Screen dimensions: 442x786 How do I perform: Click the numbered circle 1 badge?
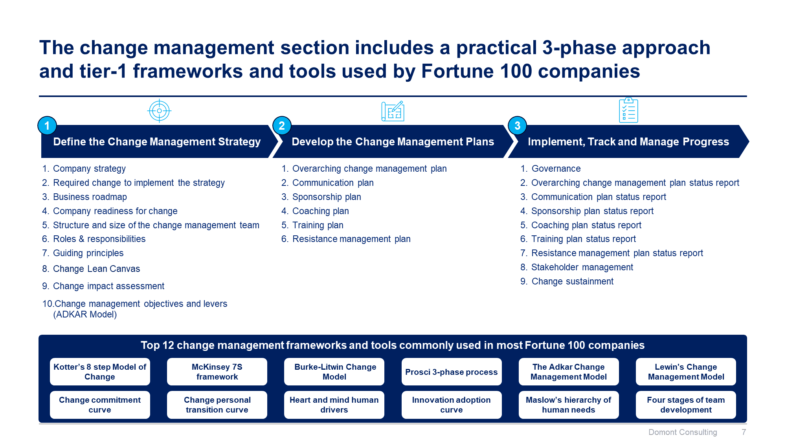pyautogui.click(x=47, y=126)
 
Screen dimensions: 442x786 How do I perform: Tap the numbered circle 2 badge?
pyautogui.click(x=282, y=126)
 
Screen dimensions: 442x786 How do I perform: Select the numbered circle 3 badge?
pyautogui.click(x=517, y=126)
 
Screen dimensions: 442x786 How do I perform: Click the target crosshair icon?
pyautogui.click(x=159, y=111)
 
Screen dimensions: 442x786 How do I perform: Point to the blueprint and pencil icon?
pyautogui.click(x=393, y=111)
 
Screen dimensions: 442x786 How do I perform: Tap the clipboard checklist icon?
pyautogui.click(x=628, y=110)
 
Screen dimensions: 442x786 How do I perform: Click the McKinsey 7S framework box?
pyautogui.click(x=217, y=372)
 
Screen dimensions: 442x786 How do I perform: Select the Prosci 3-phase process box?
pyautogui.click(x=451, y=372)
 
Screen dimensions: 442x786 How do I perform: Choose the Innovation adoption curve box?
pyautogui.click(x=451, y=405)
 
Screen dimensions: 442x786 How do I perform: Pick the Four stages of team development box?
pyautogui.click(x=685, y=405)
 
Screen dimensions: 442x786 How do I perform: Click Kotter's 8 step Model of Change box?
pyautogui.click(x=100, y=372)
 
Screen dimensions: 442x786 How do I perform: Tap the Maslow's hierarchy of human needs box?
pyautogui.click(x=568, y=405)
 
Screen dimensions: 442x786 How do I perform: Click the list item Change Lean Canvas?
pyautogui.click(x=96, y=269)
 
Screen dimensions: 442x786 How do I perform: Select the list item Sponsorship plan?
pyautogui.click(x=326, y=197)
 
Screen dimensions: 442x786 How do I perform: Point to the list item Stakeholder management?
pyautogui.click(x=582, y=267)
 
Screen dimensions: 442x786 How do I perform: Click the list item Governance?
pyautogui.click(x=556, y=169)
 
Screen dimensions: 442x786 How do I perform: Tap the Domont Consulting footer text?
pyautogui.click(x=682, y=432)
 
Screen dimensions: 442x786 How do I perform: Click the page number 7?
pyautogui.click(x=744, y=432)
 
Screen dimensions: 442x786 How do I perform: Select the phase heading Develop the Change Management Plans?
pyautogui.click(x=393, y=142)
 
